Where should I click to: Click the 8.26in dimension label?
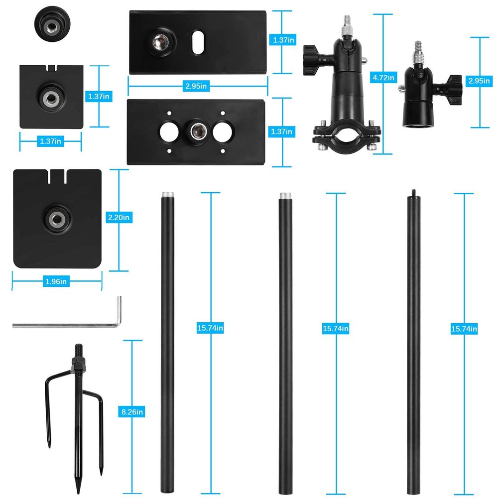pyautogui.click(x=132, y=412)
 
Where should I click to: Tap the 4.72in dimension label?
pyautogui.click(x=384, y=77)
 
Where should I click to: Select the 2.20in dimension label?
pyautogui.click(x=119, y=217)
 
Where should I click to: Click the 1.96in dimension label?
pyautogui.click(x=56, y=281)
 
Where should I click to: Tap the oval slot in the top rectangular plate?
pyautogui.click(x=198, y=42)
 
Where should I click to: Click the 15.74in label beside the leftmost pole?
pyautogui.click(x=210, y=328)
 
